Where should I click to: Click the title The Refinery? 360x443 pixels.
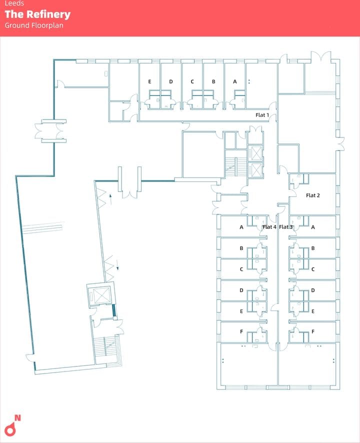(x=37, y=14)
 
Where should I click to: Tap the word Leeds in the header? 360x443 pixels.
(x=14, y=3)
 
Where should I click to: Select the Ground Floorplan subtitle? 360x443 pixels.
(x=34, y=25)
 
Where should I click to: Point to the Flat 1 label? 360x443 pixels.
(x=262, y=115)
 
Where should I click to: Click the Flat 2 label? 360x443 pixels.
(x=312, y=195)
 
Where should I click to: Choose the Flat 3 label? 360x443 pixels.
(x=286, y=227)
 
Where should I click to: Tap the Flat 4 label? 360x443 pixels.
(x=269, y=227)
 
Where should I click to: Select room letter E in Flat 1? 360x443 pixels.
(x=149, y=81)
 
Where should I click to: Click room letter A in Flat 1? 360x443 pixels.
(x=235, y=81)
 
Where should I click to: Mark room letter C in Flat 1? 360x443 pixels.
(x=192, y=81)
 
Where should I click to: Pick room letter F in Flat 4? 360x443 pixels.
(x=241, y=331)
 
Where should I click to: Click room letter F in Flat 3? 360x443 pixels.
(x=313, y=331)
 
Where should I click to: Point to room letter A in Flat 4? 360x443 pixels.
(x=241, y=227)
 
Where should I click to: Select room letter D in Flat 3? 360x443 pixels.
(x=313, y=290)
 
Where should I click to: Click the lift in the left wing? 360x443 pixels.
(x=101, y=296)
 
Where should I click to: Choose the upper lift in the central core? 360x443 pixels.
(x=257, y=153)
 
